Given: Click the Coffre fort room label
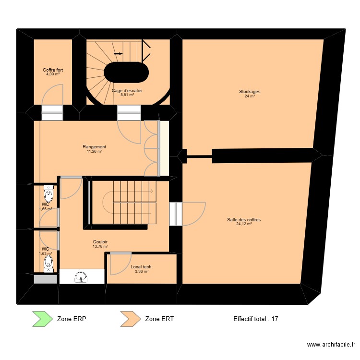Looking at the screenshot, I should click(53, 70).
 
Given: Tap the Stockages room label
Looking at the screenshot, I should click(250, 92).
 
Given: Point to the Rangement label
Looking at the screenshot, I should click(94, 147).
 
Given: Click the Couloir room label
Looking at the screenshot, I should click(100, 242).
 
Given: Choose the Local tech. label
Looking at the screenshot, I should click(142, 267).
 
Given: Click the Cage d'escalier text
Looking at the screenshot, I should click(127, 90).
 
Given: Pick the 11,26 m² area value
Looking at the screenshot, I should click(94, 151).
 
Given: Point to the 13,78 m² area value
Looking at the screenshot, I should click(100, 246).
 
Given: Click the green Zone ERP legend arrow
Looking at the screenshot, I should click(41, 318).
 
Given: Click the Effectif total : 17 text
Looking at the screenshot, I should click(256, 319).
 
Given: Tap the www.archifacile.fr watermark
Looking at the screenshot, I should click(331, 345).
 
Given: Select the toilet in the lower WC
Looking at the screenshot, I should click(48, 263).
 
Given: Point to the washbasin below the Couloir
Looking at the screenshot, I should click(82, 277).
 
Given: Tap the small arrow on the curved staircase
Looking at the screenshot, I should click(118, 54).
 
